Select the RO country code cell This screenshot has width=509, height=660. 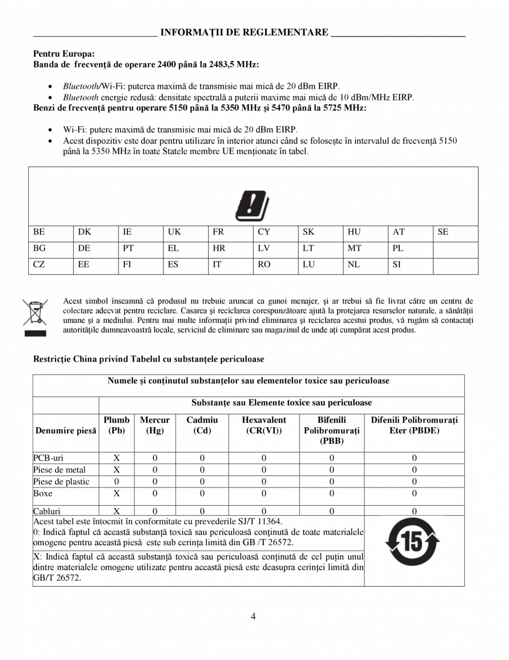264,265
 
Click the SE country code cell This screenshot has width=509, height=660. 443,232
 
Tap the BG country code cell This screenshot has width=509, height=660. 39,248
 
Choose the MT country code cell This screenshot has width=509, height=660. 354,248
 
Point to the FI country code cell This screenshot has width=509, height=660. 127,265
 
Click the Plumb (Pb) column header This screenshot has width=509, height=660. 116,425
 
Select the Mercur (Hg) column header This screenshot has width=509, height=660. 155,425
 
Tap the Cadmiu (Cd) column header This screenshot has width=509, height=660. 202,425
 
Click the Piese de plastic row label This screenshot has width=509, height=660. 61,481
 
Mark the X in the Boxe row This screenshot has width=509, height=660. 116,493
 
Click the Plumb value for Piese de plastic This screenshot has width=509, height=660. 116,481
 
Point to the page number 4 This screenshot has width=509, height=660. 253,617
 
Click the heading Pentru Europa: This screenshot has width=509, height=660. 64,54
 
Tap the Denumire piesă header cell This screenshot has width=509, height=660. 66,430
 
